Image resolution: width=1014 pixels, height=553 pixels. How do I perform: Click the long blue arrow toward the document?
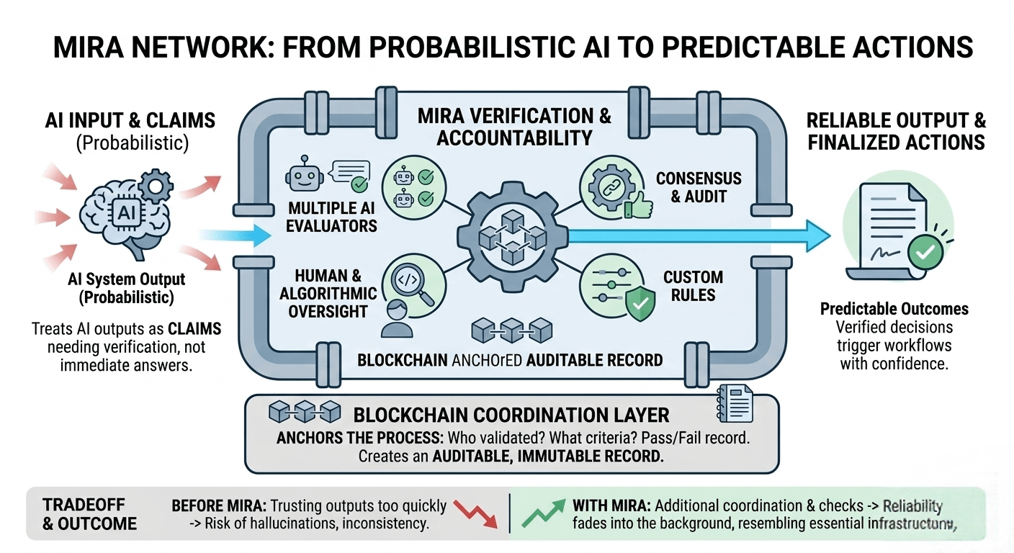click(699, 235)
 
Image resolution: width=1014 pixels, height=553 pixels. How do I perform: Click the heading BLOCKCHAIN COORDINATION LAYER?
click(511, 415)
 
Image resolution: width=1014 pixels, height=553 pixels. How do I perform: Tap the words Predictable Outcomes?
click(894, 309)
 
